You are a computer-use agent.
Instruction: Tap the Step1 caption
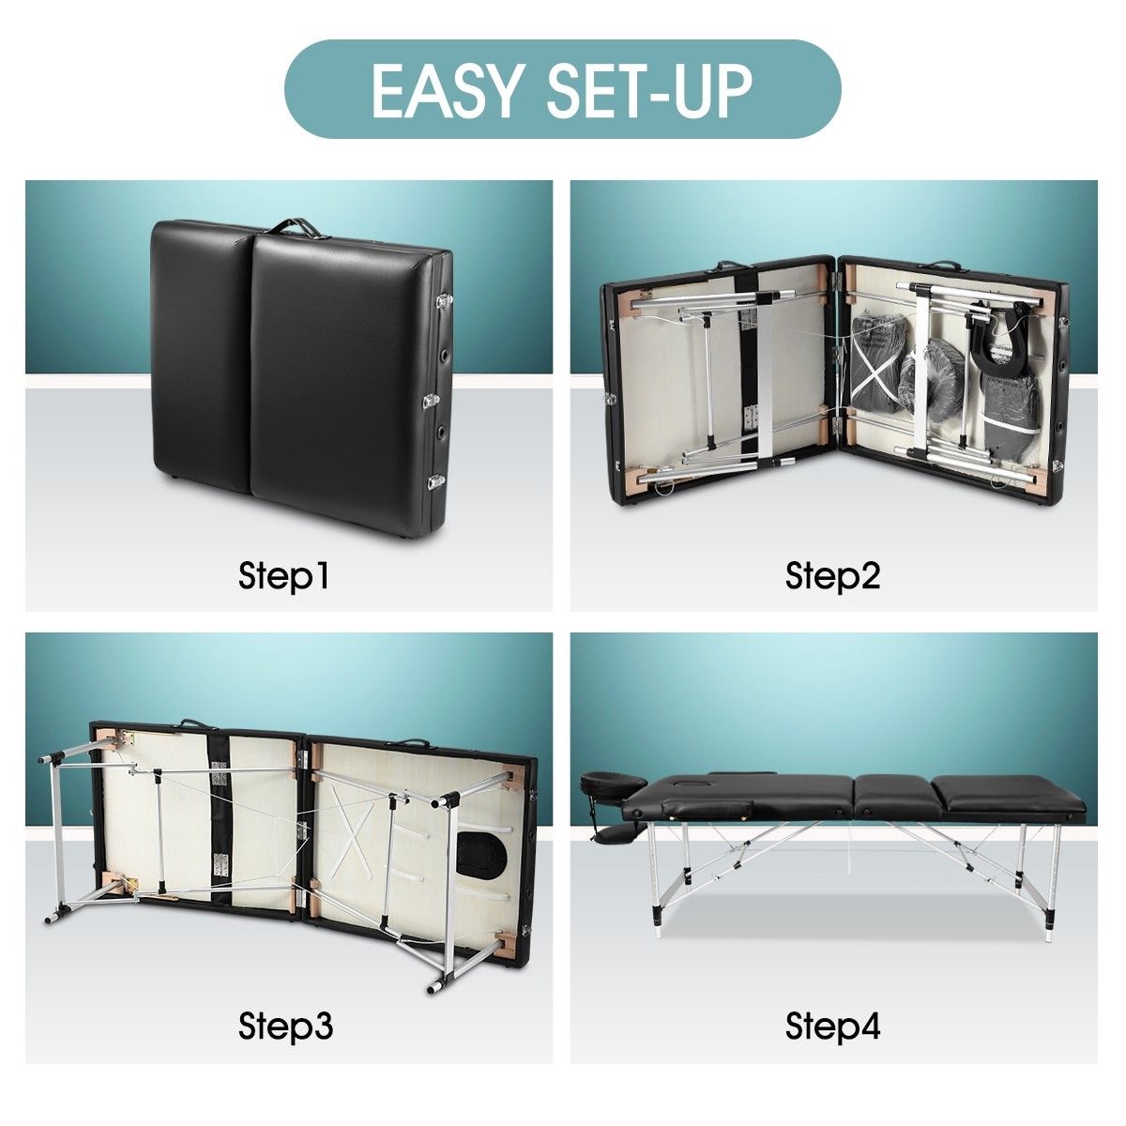[x=284, y=576]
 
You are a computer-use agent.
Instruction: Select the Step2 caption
[x=833, y=576]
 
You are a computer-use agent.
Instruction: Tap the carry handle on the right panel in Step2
[x=948, y=267]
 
